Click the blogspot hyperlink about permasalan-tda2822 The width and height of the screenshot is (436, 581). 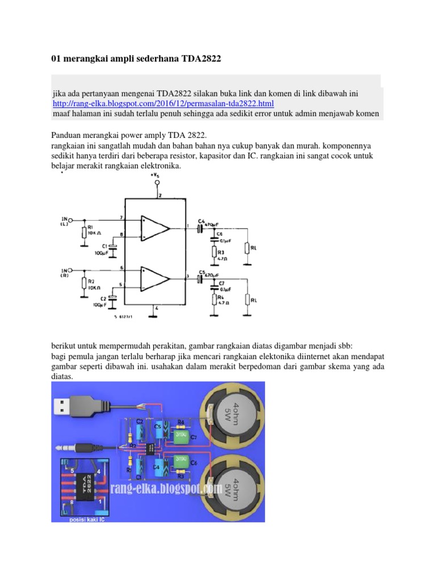(163, 103)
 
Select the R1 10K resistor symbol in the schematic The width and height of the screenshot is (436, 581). (84, 232)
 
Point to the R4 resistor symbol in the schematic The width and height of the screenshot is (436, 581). (214, 298)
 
